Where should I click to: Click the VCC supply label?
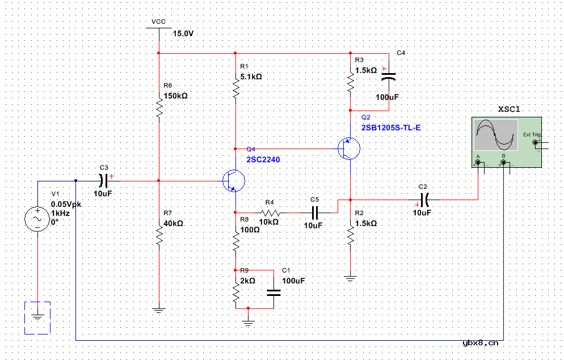(x=158, y=22)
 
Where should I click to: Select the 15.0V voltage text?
(x=183, y=34)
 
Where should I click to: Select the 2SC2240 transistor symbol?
(x=233, y=181)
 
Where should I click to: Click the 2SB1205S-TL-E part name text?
(x=391, y=128)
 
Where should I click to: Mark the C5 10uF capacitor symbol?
(x=315, y=212)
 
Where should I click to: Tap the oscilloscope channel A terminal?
(x=478, y=163)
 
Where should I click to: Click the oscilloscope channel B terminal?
(x=503, y=163)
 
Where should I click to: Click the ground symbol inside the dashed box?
(x=37, y=317)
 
